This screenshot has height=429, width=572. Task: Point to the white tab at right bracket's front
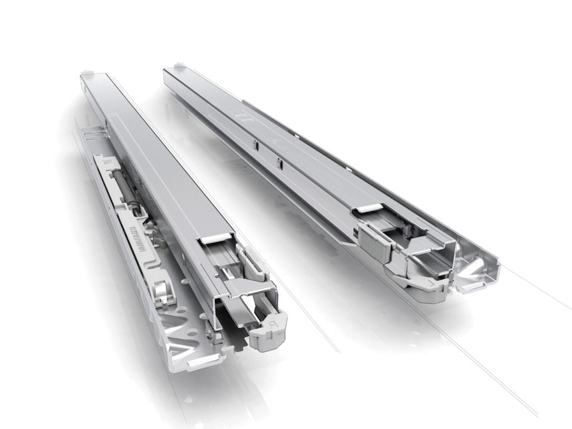(x=470, y=287)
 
